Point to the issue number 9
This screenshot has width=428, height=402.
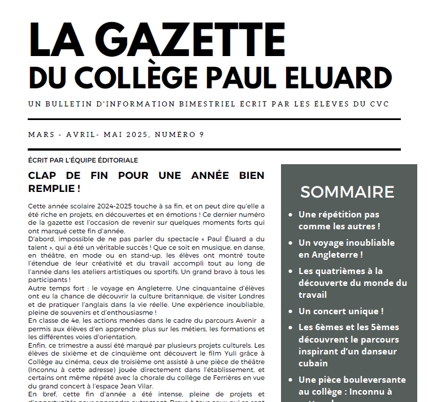tap(201, 135)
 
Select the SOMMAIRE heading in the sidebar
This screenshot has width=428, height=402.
tap(347, 191)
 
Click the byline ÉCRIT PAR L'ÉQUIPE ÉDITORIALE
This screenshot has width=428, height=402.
tap(83, 160)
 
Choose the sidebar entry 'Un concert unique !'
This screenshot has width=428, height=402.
tap(341, 311)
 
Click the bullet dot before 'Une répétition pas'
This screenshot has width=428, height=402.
tap(290, 215)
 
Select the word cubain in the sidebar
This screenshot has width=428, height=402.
tap(313, 363)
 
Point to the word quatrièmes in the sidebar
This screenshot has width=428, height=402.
tap(340, 271)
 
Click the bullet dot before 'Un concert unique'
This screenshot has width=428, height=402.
tap(290, 311)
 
